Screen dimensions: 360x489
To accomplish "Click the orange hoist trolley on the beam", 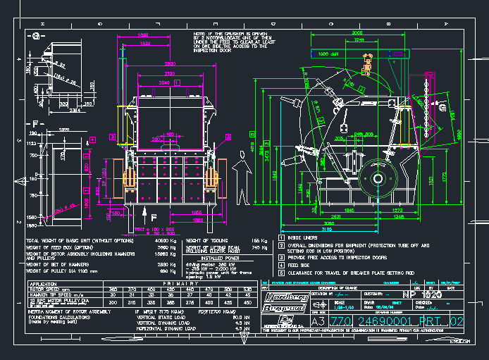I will [366, 68].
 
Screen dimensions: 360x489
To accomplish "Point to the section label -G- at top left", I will [35, 35].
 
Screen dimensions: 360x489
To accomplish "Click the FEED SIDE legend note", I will [301, 265].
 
